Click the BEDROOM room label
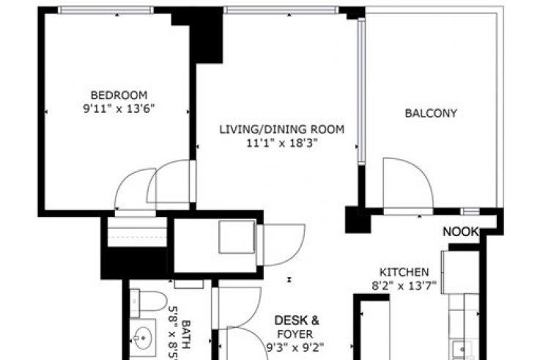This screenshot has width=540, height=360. click(119, 95)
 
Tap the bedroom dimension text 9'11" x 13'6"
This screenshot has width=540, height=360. click(119, 109)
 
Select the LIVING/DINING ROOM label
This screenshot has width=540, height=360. click(282, 130)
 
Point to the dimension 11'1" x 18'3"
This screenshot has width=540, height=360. click(281, 143)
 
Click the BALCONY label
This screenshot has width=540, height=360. click(431, 114)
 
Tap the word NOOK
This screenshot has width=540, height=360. click(460, 232)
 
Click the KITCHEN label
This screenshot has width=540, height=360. click(404, 272)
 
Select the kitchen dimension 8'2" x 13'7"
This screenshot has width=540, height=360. click(404, 286)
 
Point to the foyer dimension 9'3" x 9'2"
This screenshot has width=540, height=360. click(295, 348)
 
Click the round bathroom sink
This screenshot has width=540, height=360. click(142, 337)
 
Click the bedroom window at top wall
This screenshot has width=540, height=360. click(106, 10)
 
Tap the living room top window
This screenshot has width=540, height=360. click(281, 10)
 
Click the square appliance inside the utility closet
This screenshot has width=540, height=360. click(237, 237)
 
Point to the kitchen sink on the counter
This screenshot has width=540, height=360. click(462, 350)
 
